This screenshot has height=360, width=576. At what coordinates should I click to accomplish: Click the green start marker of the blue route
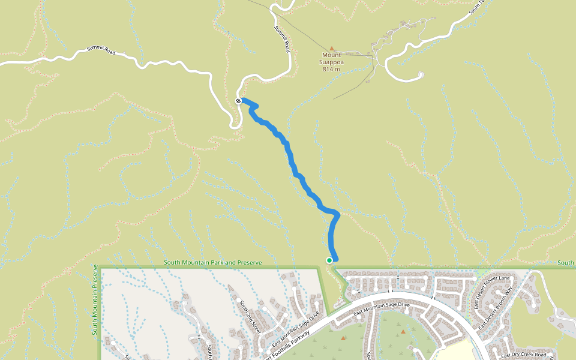pyautogui.click(x=329, y=260)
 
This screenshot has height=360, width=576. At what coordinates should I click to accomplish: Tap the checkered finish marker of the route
pyautogui.click(x=239, y=101)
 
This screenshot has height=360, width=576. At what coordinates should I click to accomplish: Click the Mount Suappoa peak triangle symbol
pyautogui.click(x=331, y=47)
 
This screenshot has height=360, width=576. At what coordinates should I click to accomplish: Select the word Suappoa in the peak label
pyautogui.click(x=331, y=62)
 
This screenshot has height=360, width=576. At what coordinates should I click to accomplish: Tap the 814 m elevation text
pyautogui.click(x=331, y=69)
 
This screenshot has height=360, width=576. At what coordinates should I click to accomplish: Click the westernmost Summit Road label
pyautogui.click(x=101, y=52)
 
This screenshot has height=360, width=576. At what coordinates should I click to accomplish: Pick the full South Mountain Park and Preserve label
pyautogui.click(x=213, y=263)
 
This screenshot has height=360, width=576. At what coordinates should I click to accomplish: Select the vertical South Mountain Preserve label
pyautogui.click(x=95, y=299)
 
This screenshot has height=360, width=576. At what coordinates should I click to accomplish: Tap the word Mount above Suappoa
pyautogui.click(x=331, y=55)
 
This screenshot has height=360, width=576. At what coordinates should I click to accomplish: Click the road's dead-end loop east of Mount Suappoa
pyautogui.click(x=419, y=75)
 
